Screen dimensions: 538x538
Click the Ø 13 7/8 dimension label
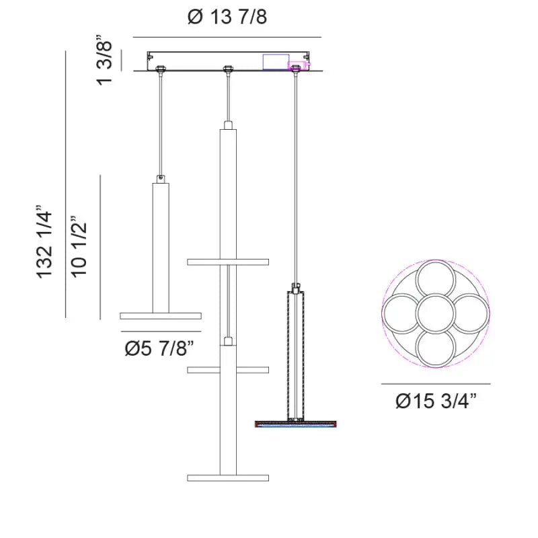[x=227, y=16]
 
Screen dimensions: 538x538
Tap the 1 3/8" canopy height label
[x=104, y=60]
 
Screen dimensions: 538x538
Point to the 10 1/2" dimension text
[x=79, y=246]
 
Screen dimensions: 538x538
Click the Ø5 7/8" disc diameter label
[x=159, y=348]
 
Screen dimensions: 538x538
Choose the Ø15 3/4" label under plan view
[x=436, y=400]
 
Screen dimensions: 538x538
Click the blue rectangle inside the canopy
[x=276, y=62]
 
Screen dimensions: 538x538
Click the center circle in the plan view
[x=436, y=313]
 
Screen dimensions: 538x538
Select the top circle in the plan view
[x=436, y=280]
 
